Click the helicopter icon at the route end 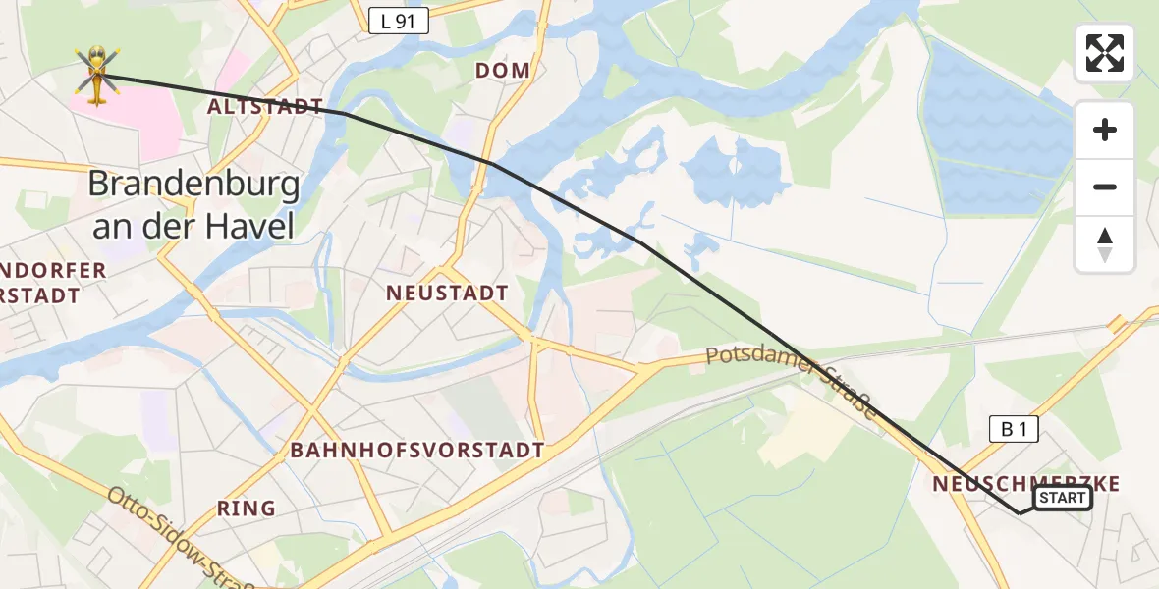(96, 75)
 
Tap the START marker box (1063, 498)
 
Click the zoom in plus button (1105, 130)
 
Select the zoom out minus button (1105, 187)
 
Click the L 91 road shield (400, 20)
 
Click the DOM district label (502, 71)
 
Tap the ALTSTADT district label (265, 106)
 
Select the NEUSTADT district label (447, 293)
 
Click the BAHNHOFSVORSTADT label (417, 451)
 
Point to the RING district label (247, 509)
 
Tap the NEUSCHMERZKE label (1025, 483)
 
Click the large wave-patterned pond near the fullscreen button (997, 128)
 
